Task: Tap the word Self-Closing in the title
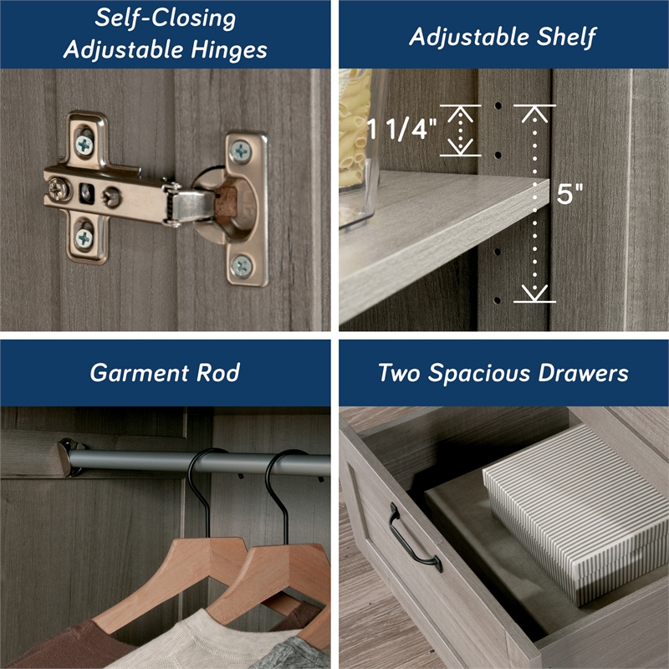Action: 165,18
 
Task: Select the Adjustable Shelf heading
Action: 503,36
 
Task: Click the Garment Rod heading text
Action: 165,372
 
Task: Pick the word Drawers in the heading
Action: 586,372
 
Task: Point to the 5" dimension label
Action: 569,195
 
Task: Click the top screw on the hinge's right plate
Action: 241,151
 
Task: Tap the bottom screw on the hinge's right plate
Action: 241,266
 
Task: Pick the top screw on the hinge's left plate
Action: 84,143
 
